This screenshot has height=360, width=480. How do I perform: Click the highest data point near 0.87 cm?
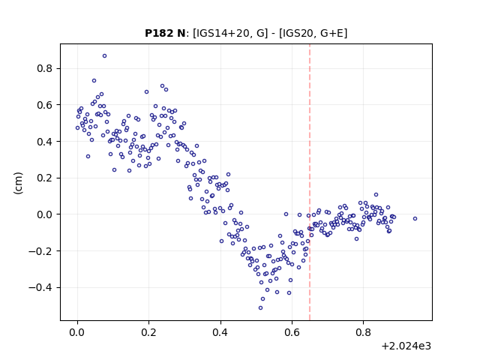click(x=105, y=56)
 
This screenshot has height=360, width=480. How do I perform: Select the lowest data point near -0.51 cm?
click(x=260, y=308)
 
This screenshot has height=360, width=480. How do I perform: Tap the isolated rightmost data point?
click(x=415, y=218)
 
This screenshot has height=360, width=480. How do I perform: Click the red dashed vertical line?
click(x=310, y=182)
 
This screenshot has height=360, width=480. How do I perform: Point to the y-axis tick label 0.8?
click(x=45, y=68)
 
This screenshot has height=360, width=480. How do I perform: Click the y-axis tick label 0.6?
click(x=45, y=105)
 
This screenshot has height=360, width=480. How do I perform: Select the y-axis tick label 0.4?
click(x=45, y=142)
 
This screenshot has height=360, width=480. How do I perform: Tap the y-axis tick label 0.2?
click(x=45, y=178)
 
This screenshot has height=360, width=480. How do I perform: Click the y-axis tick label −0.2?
click(x=40, y=251)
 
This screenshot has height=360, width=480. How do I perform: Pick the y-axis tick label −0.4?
click(x=40, y=287)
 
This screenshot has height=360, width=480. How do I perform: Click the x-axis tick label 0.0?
click(x=77, y=332)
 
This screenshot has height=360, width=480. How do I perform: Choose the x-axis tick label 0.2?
click(x=148, y=332)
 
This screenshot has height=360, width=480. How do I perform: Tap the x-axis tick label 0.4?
click(x=220, y=332)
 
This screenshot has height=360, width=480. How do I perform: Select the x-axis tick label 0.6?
click(x=292, y=332)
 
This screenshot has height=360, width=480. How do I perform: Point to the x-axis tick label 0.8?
click(x=363, y=332)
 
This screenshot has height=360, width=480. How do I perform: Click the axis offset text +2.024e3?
click(x=406, y=346)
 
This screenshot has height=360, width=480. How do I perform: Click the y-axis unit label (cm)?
click(x=18, y=183)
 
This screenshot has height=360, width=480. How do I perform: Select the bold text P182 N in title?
click(x=165, y=33)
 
